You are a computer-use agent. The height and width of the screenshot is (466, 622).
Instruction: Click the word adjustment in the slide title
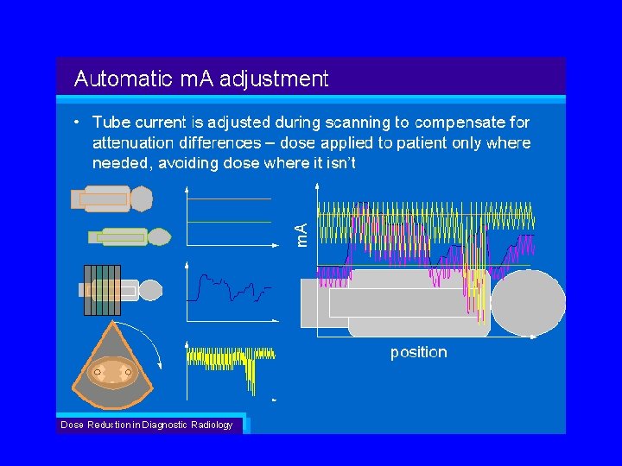[x=274, y=79]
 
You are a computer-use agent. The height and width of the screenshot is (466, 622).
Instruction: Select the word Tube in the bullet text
[x=111, y=123]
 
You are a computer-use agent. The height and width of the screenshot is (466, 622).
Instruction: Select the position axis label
[x=418, y=352]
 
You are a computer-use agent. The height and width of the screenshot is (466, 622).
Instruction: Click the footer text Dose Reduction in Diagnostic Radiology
[x=146, y=425]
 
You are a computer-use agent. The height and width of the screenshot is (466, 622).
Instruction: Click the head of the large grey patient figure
[x=527, y=302]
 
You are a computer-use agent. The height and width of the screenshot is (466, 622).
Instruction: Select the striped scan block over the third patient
[x=101, y=290]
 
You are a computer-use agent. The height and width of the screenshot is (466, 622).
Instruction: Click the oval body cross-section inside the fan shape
[x=112, y=374]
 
